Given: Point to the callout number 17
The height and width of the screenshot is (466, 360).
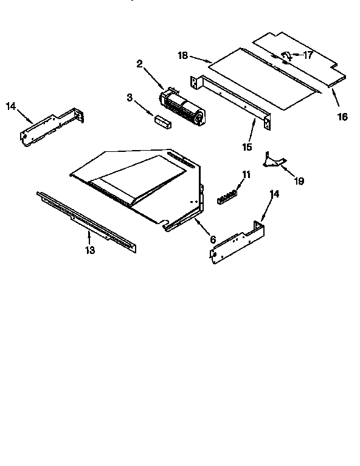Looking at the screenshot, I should (x=308, y=55).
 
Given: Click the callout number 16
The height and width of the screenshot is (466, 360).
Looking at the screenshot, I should (x=342, y=115).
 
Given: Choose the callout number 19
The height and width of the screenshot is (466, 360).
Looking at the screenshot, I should (x=299, y=180).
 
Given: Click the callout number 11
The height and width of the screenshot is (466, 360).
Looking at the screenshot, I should (x=246, y=175).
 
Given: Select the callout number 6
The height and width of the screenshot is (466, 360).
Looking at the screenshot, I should (x=213, y=239).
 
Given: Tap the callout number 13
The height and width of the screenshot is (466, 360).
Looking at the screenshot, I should (x=90, y=250).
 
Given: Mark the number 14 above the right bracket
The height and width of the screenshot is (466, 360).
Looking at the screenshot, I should (x=275, y=194).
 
